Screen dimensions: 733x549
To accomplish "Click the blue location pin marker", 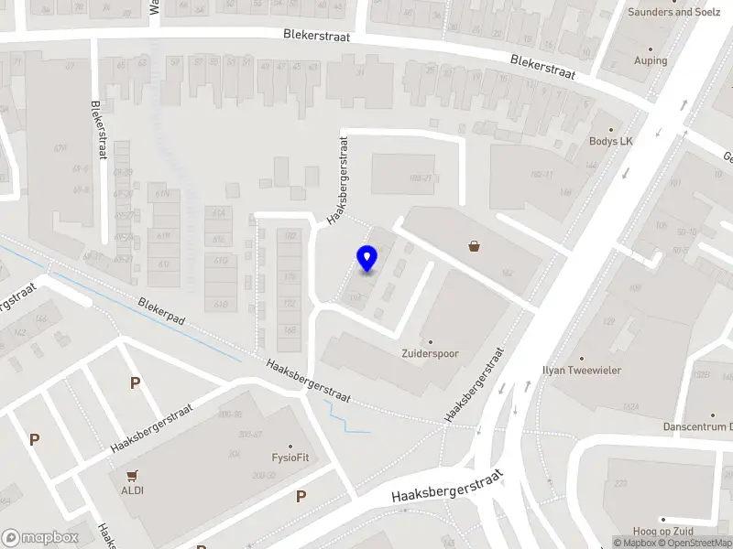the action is click(366, 259).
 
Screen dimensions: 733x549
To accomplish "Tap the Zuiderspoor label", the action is click(430, 353).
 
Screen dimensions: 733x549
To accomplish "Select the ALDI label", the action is click(134, 490).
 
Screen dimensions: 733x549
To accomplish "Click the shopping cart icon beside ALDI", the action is click(134, 475).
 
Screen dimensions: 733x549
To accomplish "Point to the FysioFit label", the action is click(290, 457).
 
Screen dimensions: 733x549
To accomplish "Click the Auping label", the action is click(651, 60).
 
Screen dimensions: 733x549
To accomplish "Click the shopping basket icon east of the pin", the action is click(475, 245).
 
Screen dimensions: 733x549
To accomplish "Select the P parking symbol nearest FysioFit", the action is click(301, 497).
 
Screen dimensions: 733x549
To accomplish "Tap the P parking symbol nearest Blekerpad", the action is click(135, 383).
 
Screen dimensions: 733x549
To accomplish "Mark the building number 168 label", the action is click(290, 331).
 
